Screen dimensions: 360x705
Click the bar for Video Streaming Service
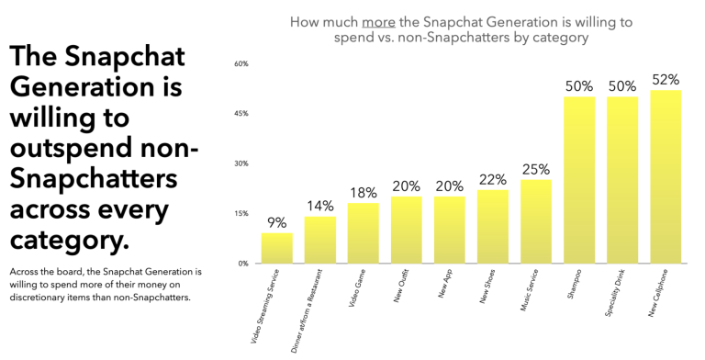pos(276,248)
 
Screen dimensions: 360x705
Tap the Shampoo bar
pos(579,180)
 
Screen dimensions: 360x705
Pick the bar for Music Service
pos(536,221)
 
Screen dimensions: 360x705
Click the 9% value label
pos(276,222)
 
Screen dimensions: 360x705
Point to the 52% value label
pos(666,80)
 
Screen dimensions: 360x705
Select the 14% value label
pos(319,206)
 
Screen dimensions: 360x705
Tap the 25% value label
pos(536,169)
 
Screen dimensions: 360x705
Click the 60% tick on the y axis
pos(241,63)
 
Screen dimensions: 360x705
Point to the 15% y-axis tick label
pos(241,213)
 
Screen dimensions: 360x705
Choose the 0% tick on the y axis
pos(243,264)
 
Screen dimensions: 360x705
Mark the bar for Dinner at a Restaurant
pos(319,240)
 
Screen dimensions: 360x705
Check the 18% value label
pos(363,193)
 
